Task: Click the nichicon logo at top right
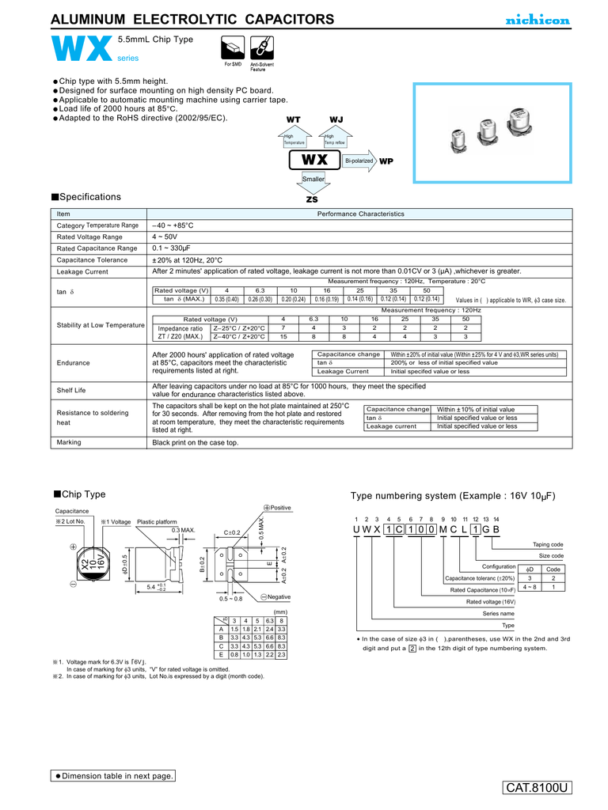538,21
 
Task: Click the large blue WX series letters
80,51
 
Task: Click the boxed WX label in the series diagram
314,160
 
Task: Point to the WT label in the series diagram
292,119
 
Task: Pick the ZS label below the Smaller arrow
312,199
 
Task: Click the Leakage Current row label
82,271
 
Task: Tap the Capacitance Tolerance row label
92,259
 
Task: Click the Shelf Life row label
71,390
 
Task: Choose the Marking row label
69,442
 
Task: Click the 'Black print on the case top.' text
195,442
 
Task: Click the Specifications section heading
86,197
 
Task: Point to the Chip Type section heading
79,494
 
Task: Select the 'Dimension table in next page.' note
114,776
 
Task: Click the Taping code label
547,544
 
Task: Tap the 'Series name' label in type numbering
498,613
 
